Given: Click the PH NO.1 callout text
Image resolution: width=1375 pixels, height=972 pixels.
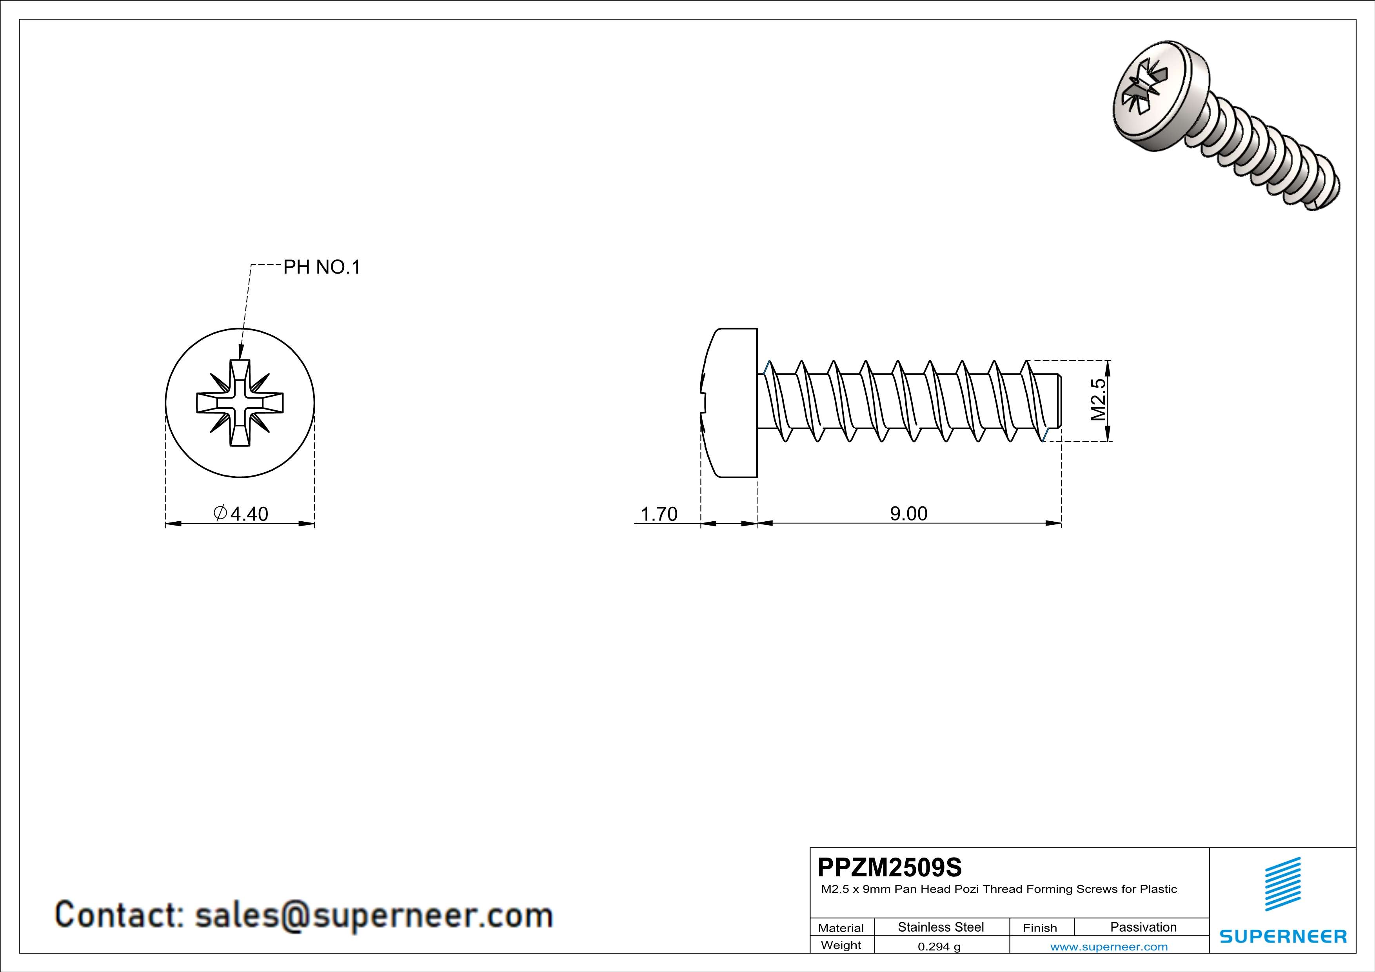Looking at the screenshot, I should (321, 267).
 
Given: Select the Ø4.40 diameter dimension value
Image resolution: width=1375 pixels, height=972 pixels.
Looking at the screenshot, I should (242, 513).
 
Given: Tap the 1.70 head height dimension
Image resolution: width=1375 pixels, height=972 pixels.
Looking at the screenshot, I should (659, 513).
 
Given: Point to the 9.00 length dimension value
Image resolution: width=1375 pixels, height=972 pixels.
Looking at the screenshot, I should (908, 513).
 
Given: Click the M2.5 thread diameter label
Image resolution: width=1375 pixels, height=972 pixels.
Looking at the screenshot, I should (1098, 400).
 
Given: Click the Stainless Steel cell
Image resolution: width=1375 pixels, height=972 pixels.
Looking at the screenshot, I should (941, 927).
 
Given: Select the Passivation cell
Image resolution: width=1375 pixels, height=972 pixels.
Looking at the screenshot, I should (1143, 927).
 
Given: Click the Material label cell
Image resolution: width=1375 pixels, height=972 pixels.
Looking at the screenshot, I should (841, 928).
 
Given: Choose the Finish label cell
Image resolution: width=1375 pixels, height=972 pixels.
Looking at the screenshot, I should (1040, 928).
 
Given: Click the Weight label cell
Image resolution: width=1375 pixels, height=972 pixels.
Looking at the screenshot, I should (841, 945).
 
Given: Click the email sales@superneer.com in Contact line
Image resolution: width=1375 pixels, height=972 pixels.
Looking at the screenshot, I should (374, 915).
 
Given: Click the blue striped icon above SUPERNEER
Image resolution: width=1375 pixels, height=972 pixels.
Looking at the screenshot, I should (1283, 884).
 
